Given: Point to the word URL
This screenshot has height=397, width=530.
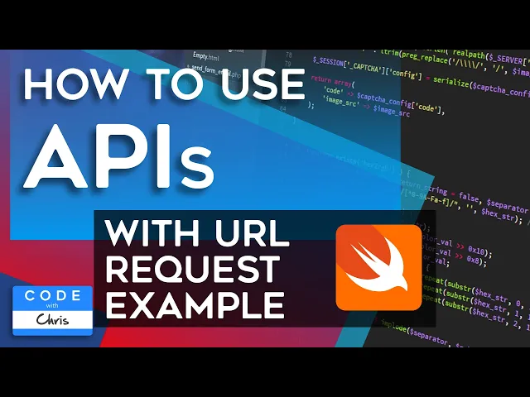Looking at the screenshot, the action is tap(258, 235).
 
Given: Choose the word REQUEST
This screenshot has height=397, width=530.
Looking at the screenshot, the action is tap(194, 270).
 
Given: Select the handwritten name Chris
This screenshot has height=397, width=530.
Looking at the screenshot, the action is tap(55, 319).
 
